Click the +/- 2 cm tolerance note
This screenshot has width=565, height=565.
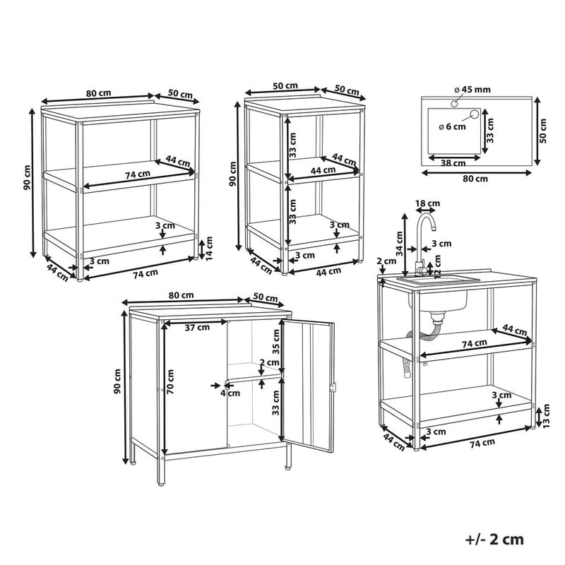point(494,539)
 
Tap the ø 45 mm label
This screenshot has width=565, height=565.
point(472,90)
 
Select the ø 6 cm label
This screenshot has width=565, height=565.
point(452,127)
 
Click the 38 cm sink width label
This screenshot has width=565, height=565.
point(453,163)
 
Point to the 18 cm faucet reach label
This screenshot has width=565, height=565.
point(427,203)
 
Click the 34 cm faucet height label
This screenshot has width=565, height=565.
point(400,244)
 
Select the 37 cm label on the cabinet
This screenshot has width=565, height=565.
point(197,328)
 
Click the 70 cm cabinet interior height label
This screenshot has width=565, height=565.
point(170,381)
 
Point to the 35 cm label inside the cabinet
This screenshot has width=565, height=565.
point(275,341)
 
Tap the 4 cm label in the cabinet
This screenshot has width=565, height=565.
point(230,393)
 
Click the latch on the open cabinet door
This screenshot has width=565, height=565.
point(333,387)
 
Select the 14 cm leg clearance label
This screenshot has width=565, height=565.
point(208,249)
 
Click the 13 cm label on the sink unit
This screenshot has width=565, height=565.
point(546,416)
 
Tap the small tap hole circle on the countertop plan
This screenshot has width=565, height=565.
point(454,104)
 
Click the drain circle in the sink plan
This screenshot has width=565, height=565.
point(474,114)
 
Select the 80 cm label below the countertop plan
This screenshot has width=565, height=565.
point(475,179)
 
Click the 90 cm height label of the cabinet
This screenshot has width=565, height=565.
point(118,381)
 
